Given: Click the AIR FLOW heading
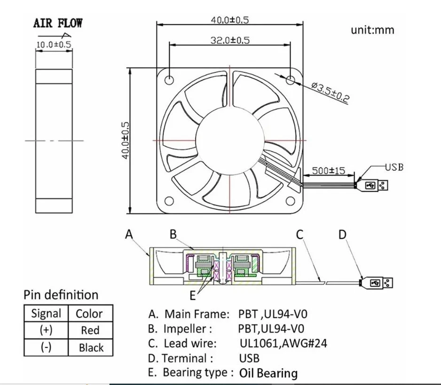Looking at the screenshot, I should (58, 24).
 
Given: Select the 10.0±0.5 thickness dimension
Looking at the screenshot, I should (54, 45).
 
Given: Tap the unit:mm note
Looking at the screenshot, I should (372, 30).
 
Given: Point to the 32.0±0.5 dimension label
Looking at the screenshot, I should (230, 40).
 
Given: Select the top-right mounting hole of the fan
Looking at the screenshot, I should (291, 80).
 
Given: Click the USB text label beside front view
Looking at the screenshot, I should (394, 166).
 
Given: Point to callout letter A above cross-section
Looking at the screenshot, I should (129, 234).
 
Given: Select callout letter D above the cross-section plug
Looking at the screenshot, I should (343, 234).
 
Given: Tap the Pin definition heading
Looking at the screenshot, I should (61, 295).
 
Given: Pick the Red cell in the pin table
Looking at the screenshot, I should (90, 330).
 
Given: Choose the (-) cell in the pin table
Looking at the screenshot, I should (46, 348).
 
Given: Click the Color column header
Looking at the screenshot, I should (89, 314).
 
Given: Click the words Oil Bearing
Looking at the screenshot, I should (268, 373).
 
